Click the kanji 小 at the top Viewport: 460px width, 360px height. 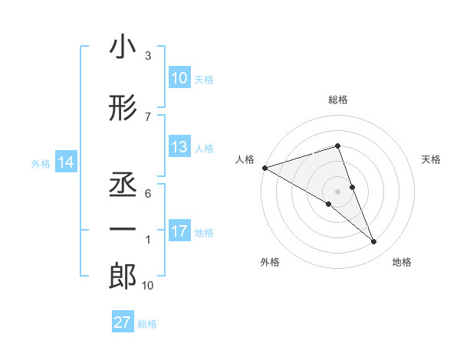click(122, 48)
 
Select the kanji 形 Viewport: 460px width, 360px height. click(122, 110)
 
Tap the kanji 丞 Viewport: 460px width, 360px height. click(122, 183)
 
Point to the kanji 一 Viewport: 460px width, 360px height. click(122, 229)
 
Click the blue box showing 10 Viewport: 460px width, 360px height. click(179, 78)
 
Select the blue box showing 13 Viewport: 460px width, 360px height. click(179, 147)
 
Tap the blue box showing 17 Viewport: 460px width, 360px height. click(179, 231)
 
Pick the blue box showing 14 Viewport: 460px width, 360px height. click(65, 162)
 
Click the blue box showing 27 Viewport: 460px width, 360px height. click(122, 322)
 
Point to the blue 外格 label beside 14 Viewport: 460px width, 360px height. click(41, 163)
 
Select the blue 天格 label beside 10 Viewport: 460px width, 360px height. click(203, 79)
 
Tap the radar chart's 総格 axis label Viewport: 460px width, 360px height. click(337, 100)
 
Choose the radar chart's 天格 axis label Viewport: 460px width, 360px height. click(432, 159)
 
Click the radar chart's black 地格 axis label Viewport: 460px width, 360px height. click(402, 262)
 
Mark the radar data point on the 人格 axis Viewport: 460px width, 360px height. click(264, 167)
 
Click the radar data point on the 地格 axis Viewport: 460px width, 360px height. click(374, 242)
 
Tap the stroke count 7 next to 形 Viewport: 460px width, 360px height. click(148, 116)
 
